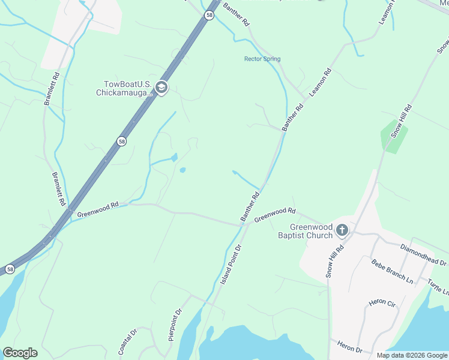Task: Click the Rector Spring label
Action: (262, 59)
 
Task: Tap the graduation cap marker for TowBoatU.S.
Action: (161, 88)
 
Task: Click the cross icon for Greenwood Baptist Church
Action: (342, 230)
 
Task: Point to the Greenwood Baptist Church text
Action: (305, 231)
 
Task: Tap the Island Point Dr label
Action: (229, 264)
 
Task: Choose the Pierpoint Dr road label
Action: (175, 325)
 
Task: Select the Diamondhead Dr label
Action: (424, 257)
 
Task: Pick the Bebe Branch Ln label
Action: (392, 272)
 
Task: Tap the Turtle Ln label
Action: (438, 286)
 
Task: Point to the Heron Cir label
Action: (382, 302)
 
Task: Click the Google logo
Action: (20, 353)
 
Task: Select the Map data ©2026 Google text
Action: (411, 355)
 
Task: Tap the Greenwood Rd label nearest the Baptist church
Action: (275, 215)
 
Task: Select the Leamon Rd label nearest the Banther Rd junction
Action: (321, 83)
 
